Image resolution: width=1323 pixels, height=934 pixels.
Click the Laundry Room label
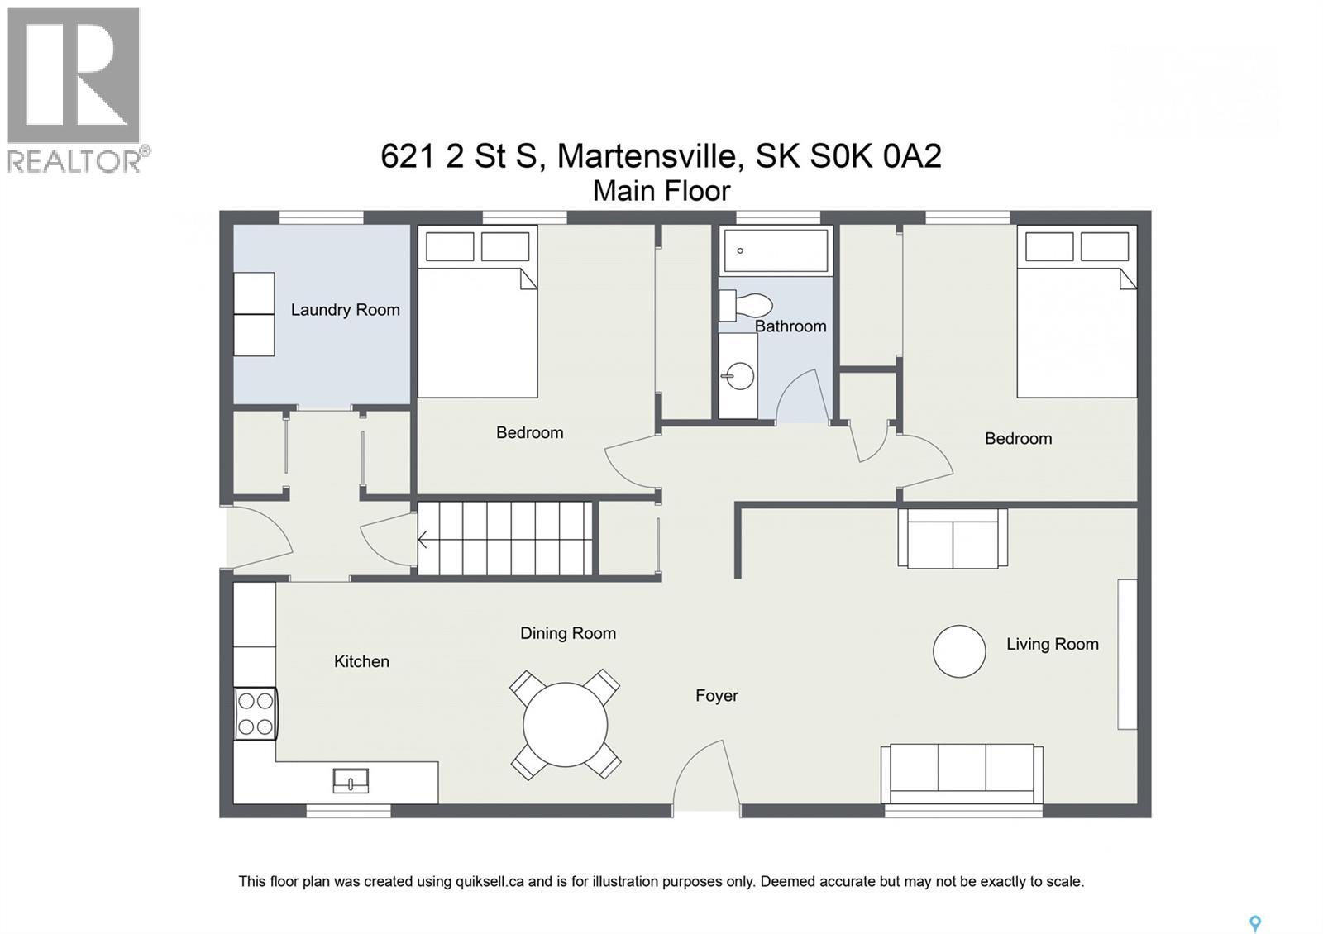click(345, 310)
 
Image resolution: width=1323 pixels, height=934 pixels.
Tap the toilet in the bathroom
click(747, 305)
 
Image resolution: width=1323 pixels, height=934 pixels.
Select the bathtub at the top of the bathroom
click(775, 250)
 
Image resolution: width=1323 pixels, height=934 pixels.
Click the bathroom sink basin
click(739, 376)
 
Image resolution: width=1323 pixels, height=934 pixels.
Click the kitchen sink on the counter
click(351, 780)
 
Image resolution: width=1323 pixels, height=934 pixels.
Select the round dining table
click(566, 725)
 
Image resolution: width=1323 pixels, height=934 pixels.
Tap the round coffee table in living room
click(959, 651)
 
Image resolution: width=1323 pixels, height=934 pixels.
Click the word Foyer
click(716, 696)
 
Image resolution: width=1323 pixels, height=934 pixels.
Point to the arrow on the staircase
click(423, 540)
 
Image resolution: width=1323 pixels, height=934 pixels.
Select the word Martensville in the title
click(646, 156)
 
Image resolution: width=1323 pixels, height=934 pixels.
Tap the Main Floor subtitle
click(661, 191)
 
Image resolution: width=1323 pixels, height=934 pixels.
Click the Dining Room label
click(567, 633)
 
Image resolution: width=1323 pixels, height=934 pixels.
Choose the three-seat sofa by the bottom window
click(962, 773)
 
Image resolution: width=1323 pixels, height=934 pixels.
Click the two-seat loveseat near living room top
click(953, 539)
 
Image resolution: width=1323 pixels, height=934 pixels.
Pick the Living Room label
click(1052, 644)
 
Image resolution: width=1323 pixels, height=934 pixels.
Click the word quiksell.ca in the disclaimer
click(490, 881)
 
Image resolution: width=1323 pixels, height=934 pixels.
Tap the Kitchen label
click(361, 661)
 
